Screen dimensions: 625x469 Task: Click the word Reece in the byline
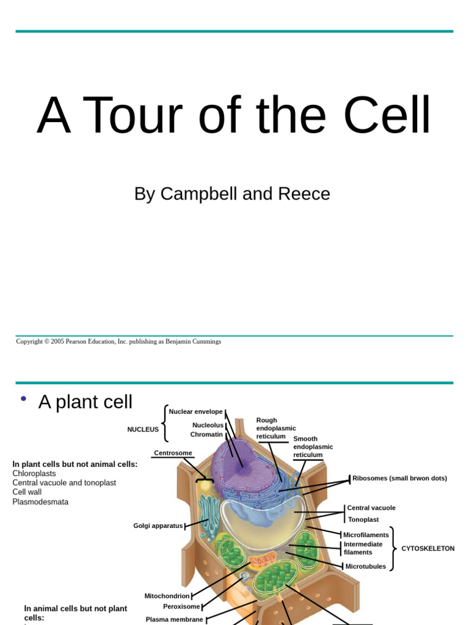[x=304, y=194]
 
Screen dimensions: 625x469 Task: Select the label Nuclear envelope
[x=195, y=412]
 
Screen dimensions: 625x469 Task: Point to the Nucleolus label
[x=208, y=425]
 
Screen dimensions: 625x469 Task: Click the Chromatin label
[x=206, y=435]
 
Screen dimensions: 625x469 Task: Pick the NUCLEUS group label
[x=143, y=430]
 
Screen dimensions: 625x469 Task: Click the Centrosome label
[x=173, y=453]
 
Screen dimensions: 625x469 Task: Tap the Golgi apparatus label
[x=158, y=526]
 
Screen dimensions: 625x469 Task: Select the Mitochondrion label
[x=167, y=596]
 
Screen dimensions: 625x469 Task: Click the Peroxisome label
[x=181, y=607]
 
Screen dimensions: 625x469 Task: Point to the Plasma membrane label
[x=174, y=619]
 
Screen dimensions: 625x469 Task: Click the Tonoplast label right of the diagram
[x=363, y=519]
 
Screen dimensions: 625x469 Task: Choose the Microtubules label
[x=366, y=566]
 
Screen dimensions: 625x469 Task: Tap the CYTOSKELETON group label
[x=427, y=549]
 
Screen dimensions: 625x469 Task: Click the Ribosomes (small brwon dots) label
[x=399, y=479]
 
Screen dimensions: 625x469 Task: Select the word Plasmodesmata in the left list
[x=40, y=502]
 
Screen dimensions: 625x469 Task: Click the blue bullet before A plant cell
[x=23, y=399]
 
